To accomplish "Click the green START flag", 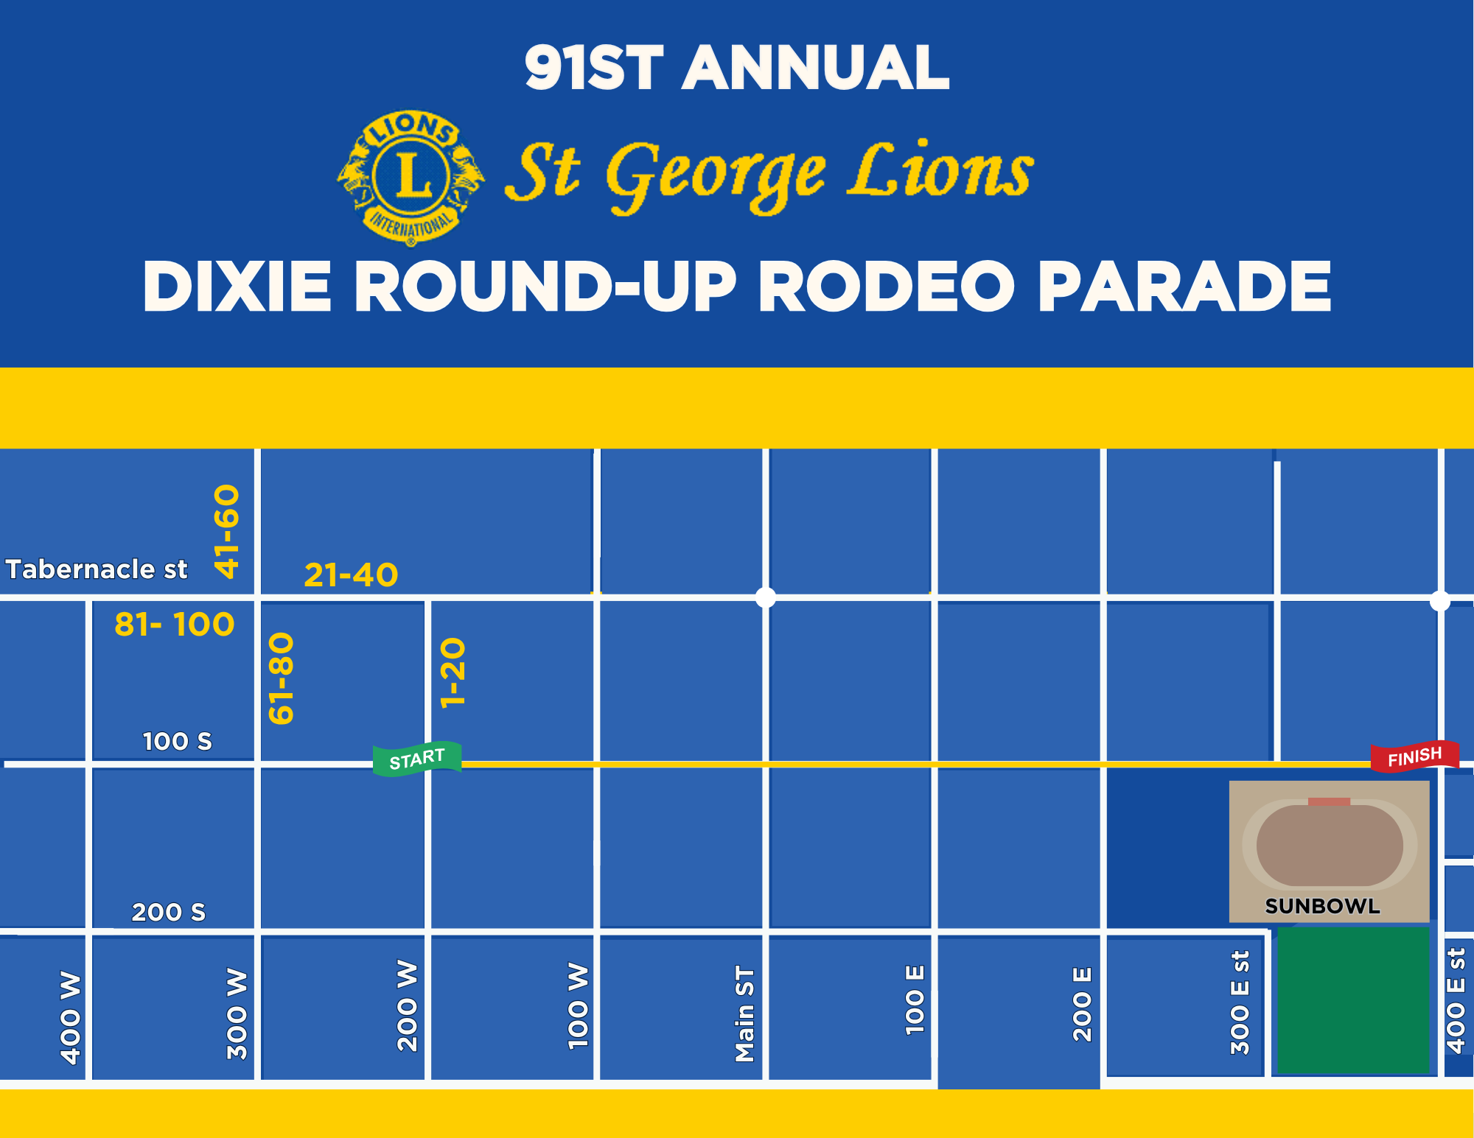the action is pos(417,759).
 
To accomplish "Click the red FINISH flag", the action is pos(1414,756).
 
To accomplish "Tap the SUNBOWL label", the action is pos(1322,906).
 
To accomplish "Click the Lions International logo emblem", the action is pos(411,178).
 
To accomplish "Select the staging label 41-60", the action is pos(227,531).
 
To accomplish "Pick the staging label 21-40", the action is pos(351,575).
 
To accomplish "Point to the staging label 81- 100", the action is pos(175,625).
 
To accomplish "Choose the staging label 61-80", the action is pos(282,678).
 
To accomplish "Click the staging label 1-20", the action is pos(453,673).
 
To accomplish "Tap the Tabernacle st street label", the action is pos(97,569).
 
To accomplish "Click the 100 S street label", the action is pos(177,741).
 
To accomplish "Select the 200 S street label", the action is pos(169,912).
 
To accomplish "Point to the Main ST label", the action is pos(745,1014).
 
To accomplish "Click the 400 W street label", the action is pos(71,1018).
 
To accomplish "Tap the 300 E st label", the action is pos(1240,1002).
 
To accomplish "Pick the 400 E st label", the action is pos(1456,1001).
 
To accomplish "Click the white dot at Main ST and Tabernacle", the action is pos(766,597).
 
